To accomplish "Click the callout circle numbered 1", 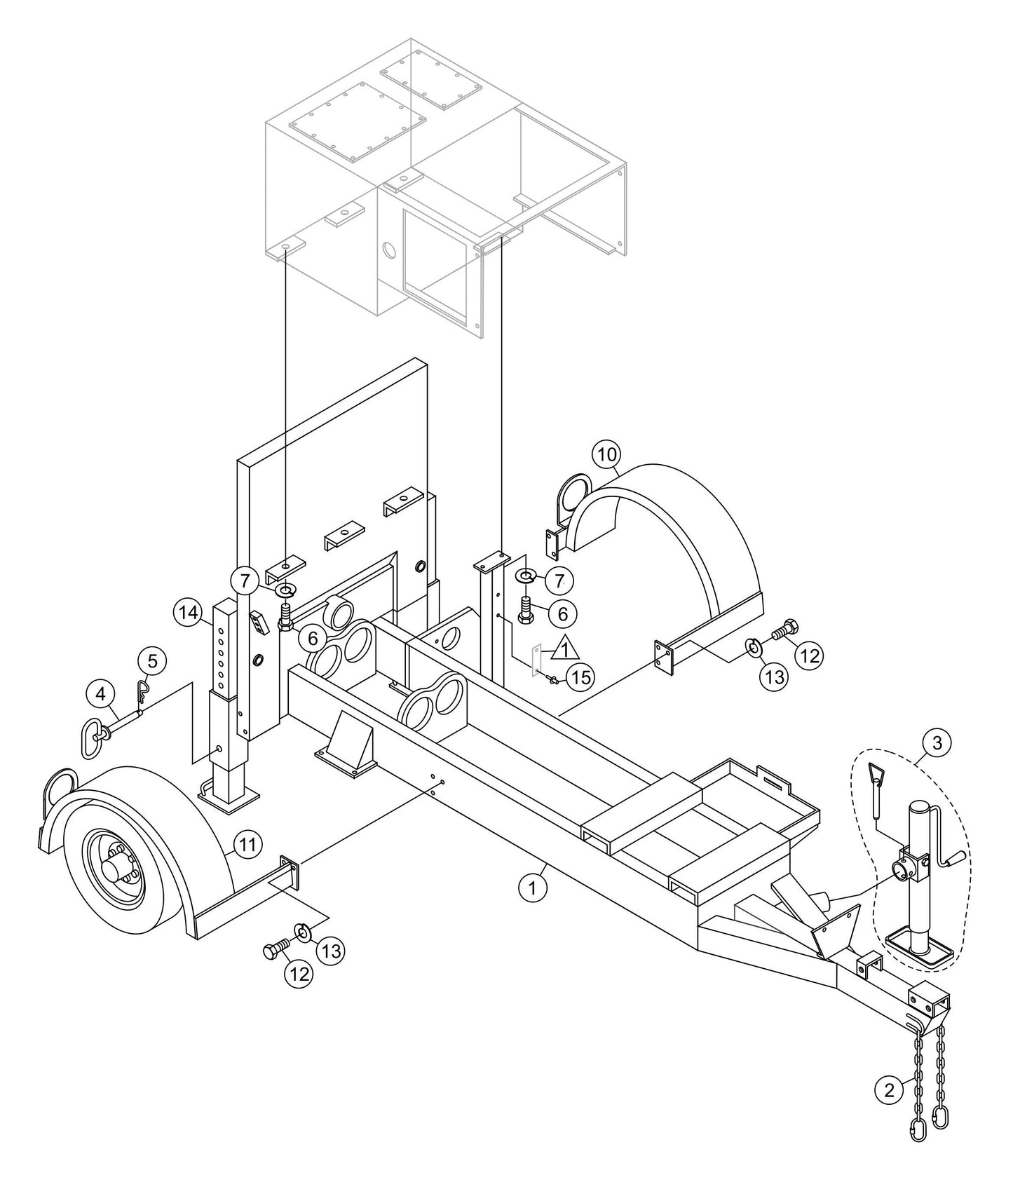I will (532, 888).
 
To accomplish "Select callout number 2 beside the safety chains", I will (889, 1090).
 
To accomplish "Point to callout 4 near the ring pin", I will (101, 695).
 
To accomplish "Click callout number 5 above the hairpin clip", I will (152, 660).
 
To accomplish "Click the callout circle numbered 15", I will (580, 677).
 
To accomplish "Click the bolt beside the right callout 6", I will (528, 606).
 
